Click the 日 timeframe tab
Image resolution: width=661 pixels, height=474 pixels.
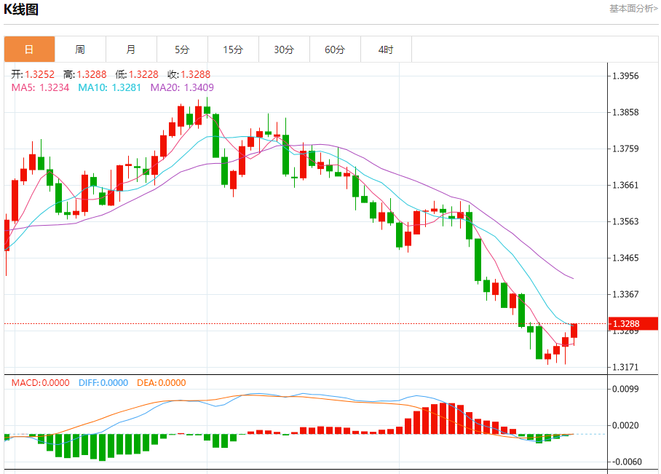tap(29, 50)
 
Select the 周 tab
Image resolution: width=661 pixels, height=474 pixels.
tap(80, 50)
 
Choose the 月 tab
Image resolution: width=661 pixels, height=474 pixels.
tap(131, 50)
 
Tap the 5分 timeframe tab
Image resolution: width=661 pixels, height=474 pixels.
tap(182, 50)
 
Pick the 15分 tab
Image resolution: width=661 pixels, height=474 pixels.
tap(233, 50)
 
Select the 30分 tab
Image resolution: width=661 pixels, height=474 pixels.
tap(284, 50)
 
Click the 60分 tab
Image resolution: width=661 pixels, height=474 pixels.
tap(335, 50)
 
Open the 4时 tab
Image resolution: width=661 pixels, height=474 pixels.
tap(386, 50)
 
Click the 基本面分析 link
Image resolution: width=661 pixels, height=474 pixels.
tap(633, 9)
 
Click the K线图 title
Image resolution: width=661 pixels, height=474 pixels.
tap(21, 9)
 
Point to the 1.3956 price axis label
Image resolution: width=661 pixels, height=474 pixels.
tap(625, 76)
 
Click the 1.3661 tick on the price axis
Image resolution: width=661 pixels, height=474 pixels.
tap(625, 185)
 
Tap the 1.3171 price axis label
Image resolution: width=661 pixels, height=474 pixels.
tap(625, 367)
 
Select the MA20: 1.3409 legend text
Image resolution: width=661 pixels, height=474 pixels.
tap(182, 87)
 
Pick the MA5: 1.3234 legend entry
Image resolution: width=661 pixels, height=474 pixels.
tap(40, 87)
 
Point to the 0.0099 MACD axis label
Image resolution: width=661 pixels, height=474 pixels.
tap(625, 389)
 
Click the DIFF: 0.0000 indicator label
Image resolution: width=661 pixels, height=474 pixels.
tap(103, 383)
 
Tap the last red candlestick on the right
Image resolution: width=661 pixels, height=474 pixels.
tap(574, 331)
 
